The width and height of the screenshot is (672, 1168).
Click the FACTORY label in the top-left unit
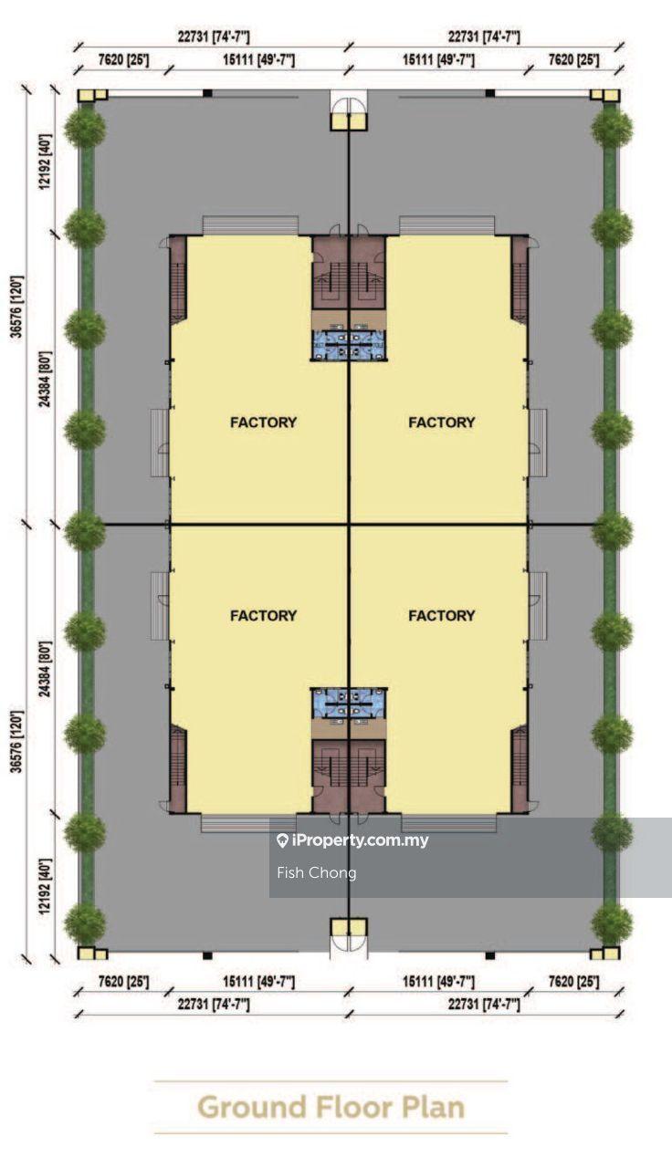pos(264,422)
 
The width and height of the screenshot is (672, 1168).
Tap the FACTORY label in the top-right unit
pos(441,422)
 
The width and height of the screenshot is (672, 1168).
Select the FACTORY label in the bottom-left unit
pos(264,616)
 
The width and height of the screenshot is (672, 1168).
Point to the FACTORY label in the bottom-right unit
pos(441,616)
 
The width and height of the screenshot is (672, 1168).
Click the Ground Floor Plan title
pos(331,1108)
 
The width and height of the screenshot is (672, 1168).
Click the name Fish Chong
pos(317,872)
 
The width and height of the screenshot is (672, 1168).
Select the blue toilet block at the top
pos(349,345)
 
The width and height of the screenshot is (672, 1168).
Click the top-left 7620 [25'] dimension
pos(123,60)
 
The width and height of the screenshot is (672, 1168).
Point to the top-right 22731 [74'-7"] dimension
pos(484,37)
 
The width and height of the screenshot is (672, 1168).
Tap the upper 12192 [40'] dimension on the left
pos(46,162)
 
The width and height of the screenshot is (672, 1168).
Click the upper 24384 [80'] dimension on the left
pos(46,379)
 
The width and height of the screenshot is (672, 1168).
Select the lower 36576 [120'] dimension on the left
pos(17,740)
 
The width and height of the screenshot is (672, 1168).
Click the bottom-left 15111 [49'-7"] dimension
pos(258,982)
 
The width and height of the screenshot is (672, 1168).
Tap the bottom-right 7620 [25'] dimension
pos(573,982)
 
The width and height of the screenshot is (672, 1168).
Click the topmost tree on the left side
pos(85,127)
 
